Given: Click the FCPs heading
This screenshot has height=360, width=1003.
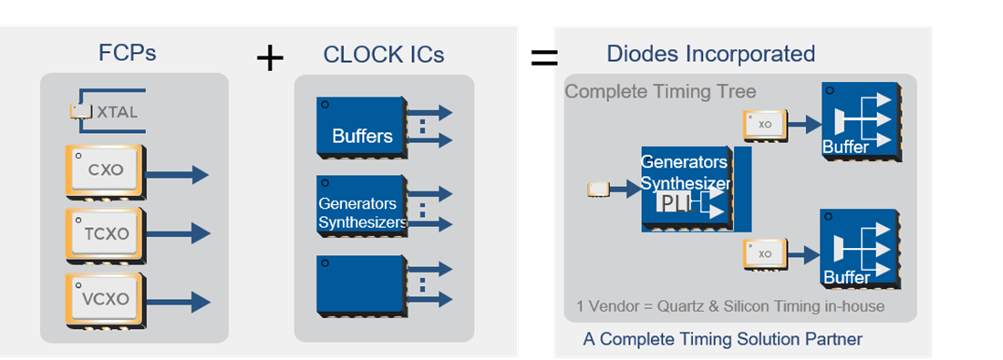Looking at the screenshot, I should click(x=127, y=53).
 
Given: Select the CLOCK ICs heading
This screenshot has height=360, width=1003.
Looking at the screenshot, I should click(x=383, y=55).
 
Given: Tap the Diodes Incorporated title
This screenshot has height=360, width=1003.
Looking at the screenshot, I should click(x=710, y=54).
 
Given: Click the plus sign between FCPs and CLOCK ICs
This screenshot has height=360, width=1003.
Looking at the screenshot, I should click(x=270, y=59).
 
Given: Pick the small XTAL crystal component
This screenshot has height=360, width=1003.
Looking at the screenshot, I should click(x=82, y=111).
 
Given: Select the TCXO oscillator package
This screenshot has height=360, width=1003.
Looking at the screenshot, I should click(x=105, y=233).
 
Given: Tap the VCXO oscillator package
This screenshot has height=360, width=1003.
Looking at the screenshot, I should click(x=105, y=298).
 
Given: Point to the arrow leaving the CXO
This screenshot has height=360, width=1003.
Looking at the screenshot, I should click(x=178, y=175).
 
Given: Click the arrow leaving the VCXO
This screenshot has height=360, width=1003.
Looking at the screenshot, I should click(x=178, y=300).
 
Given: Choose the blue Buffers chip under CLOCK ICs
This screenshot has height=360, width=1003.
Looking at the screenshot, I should click(x=361, y=125).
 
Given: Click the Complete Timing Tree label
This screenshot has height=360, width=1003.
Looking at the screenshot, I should click(x=660, y=92).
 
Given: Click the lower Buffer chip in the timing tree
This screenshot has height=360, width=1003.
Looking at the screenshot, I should click(x=859, y=250).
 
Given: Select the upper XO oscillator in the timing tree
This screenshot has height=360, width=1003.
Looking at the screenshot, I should click(x=764, y=125).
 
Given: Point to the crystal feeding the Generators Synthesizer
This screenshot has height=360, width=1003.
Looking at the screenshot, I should click(x=598, y=189).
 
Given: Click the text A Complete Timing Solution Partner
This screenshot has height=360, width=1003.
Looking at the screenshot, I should click(x=722, y=340).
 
